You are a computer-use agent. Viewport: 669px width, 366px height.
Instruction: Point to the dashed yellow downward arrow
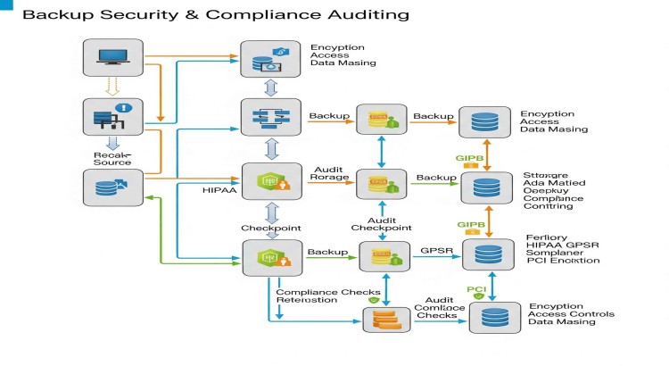coord(111,87)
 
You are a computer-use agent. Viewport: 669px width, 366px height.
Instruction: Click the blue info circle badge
coord(126,108)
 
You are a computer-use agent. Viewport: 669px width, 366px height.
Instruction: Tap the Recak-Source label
coord(112,158)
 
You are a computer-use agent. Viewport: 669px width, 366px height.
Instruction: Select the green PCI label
coord(476,289)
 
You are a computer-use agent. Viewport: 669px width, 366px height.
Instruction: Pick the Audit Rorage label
coord(329,173)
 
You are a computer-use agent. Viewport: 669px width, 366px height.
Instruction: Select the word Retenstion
coord(307,300)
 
